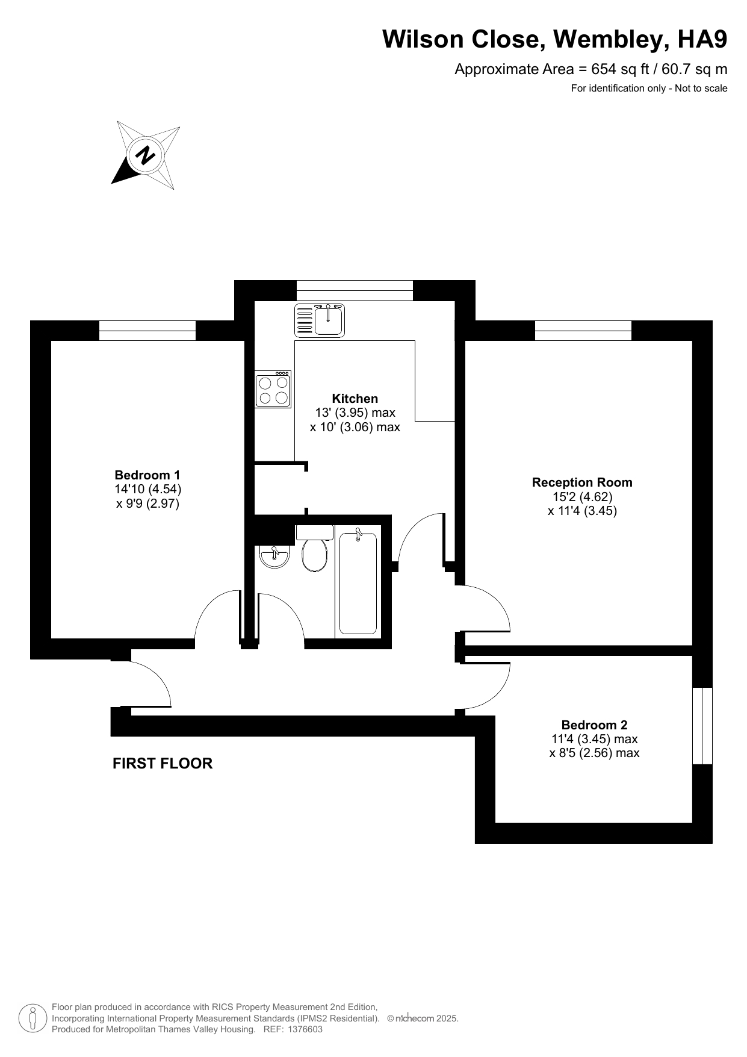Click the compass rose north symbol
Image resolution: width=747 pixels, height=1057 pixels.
[146, 155]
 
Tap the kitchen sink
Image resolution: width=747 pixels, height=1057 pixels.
[320, 320]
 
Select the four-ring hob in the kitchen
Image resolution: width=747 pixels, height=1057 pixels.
[273, 389]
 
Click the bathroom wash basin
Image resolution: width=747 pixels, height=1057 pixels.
[275, 556]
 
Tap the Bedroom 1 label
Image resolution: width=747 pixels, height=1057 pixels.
[147, 475]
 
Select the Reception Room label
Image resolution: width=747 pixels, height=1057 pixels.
[582, 482]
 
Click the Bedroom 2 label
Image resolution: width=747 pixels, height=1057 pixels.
[594, 725]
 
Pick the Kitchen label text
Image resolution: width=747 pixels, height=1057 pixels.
[355, 399]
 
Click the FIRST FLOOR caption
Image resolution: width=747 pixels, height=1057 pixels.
[163, 764]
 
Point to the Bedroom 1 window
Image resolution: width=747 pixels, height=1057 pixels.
[147, 331]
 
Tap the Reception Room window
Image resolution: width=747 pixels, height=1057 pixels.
[583, 331]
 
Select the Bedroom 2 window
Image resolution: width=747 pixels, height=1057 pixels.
[702, 726]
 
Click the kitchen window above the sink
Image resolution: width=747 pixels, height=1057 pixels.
[355, 290]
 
